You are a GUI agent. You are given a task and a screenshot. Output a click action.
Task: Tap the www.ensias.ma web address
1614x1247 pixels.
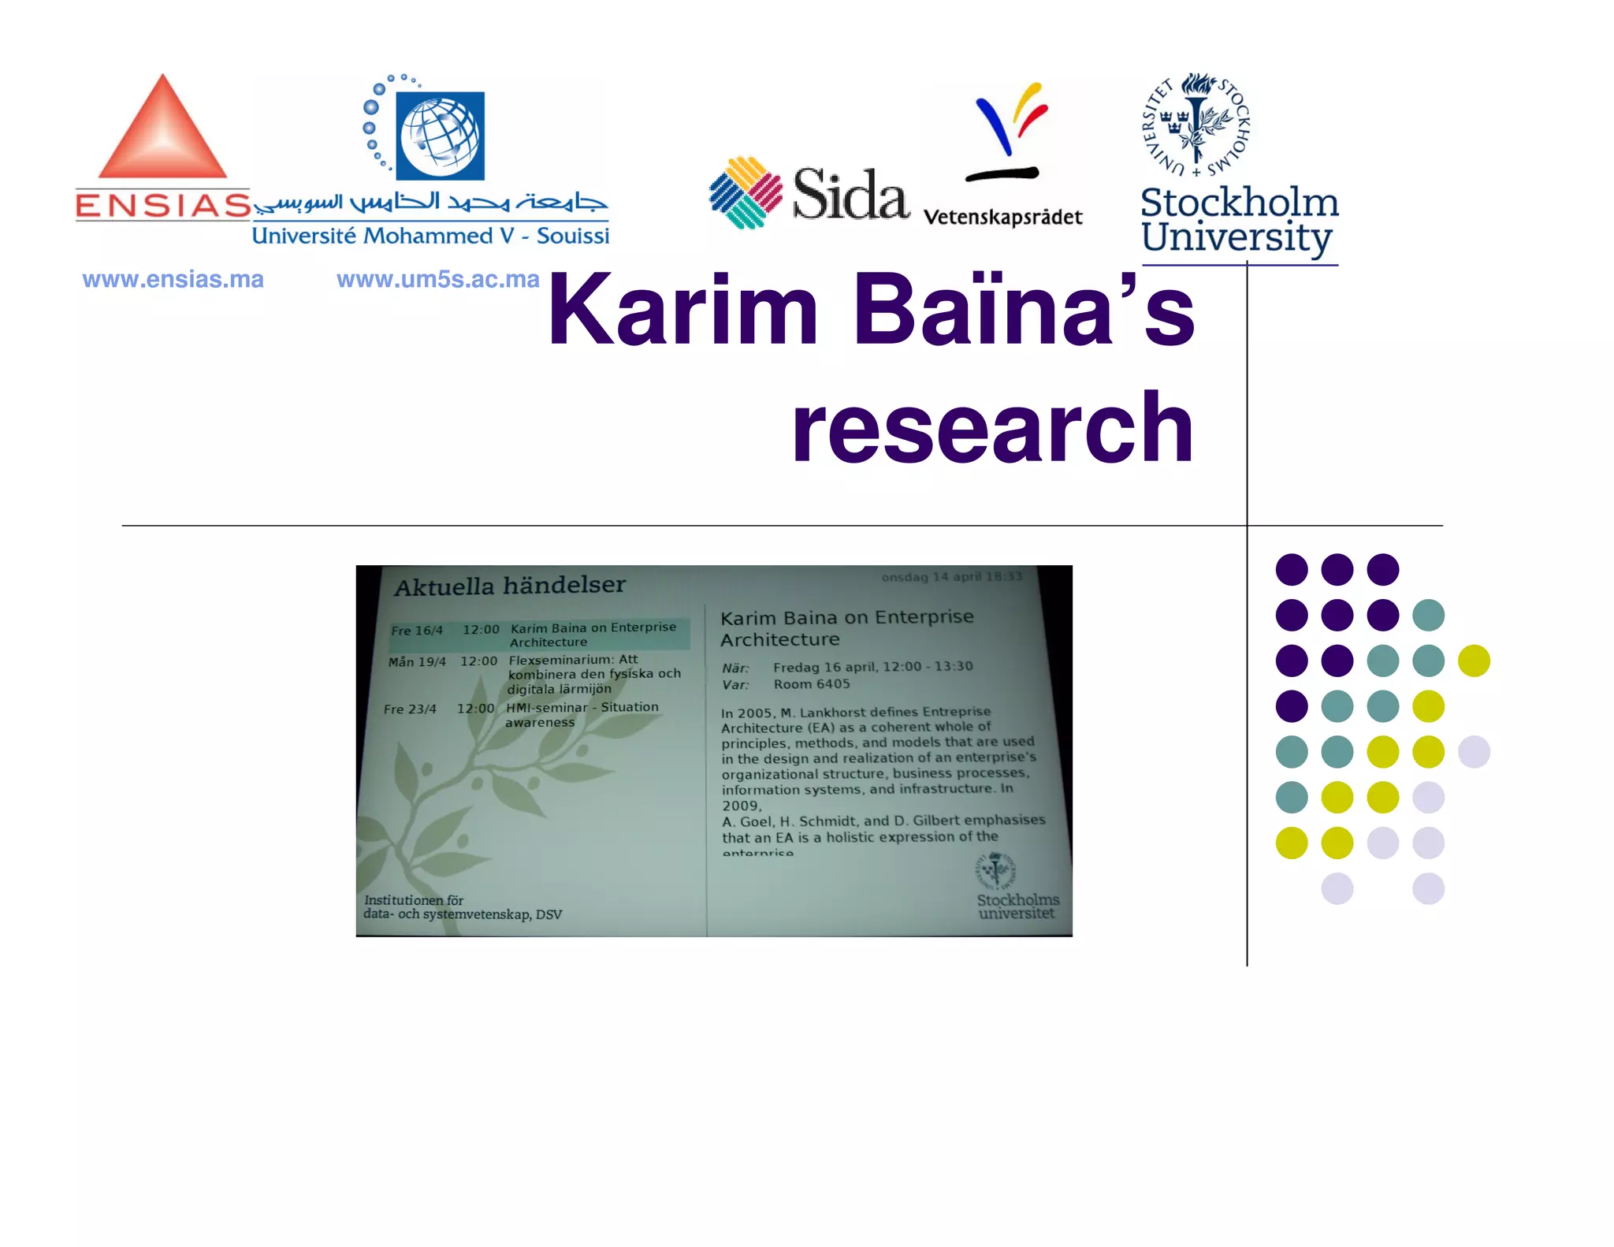tap(173, 279)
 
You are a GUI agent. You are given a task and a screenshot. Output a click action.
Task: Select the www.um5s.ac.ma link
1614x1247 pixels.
tap(437, 279)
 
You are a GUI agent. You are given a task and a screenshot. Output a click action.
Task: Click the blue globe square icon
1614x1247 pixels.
tap(440, 136)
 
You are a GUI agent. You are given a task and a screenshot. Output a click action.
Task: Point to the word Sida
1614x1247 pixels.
tap(850, 195)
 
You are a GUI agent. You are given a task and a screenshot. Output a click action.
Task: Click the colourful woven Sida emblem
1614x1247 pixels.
tap(745, 192)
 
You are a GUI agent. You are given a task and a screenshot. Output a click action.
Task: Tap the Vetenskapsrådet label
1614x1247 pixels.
tap(1002, 218)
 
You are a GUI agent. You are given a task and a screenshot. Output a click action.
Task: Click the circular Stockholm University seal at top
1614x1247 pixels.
tap(1196, 125)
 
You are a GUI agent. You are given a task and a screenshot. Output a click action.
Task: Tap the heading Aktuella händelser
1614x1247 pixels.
tap(510, 586)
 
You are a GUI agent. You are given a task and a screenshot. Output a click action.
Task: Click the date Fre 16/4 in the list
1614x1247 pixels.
tap(417, 631)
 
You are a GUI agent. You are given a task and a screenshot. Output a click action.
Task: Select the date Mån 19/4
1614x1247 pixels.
tap(417, 661)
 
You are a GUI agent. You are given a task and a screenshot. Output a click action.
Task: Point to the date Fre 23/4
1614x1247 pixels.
tap(410, 709)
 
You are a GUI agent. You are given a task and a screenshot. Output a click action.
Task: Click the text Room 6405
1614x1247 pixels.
tap(811, 684)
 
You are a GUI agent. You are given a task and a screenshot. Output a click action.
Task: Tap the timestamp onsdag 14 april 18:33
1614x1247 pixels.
tap(951, 576)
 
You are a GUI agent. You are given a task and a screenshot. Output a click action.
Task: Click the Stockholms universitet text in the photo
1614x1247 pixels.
tap(1017, 906)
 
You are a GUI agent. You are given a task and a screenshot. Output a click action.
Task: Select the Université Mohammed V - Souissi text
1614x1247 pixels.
tap(430, 236)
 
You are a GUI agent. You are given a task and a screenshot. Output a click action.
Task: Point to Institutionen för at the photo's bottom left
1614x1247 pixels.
tap(414, 900)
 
